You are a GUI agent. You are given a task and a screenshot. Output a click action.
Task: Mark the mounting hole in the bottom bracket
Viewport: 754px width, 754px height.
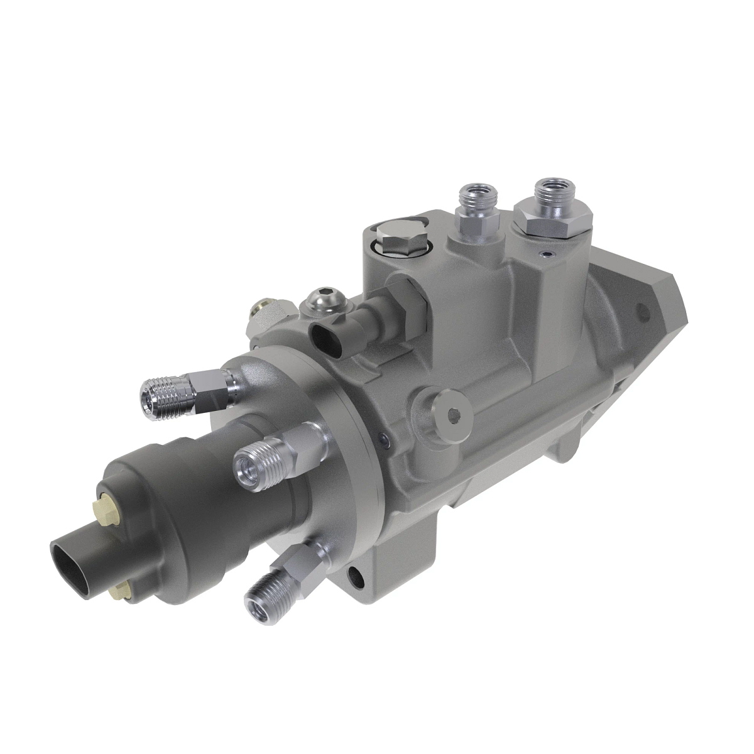[x=357, y=573]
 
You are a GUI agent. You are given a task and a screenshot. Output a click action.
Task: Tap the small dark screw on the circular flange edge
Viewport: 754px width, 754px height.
[x=385, y=438]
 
